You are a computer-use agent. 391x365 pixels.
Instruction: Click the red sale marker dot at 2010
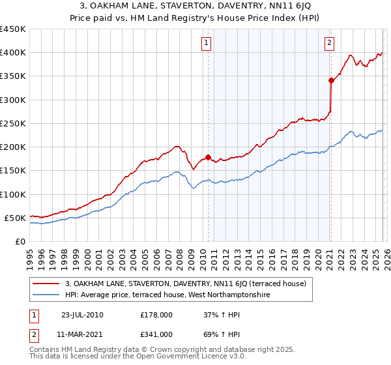click(x=208, y=157)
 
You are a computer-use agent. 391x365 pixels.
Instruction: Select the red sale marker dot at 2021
click(x=331, y=81)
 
